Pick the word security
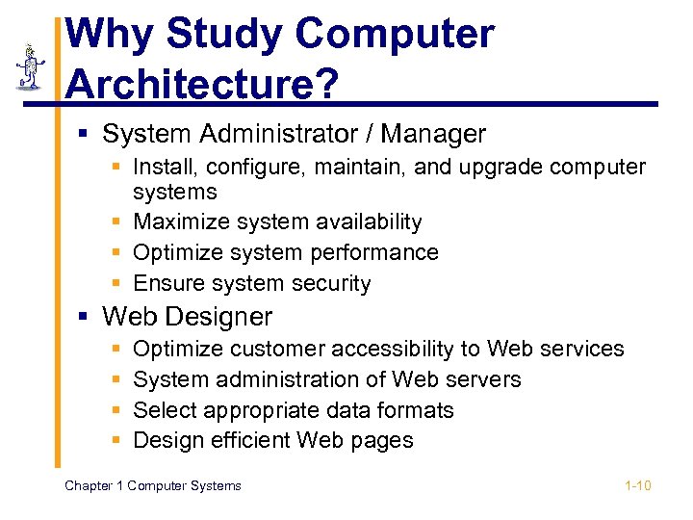coord(332,283)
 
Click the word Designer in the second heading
coord(219,316)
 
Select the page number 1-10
coord(638,485)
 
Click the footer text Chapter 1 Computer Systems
coord(153,485)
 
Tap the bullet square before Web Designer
coord(87,317)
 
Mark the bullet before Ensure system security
coord(115,284)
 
